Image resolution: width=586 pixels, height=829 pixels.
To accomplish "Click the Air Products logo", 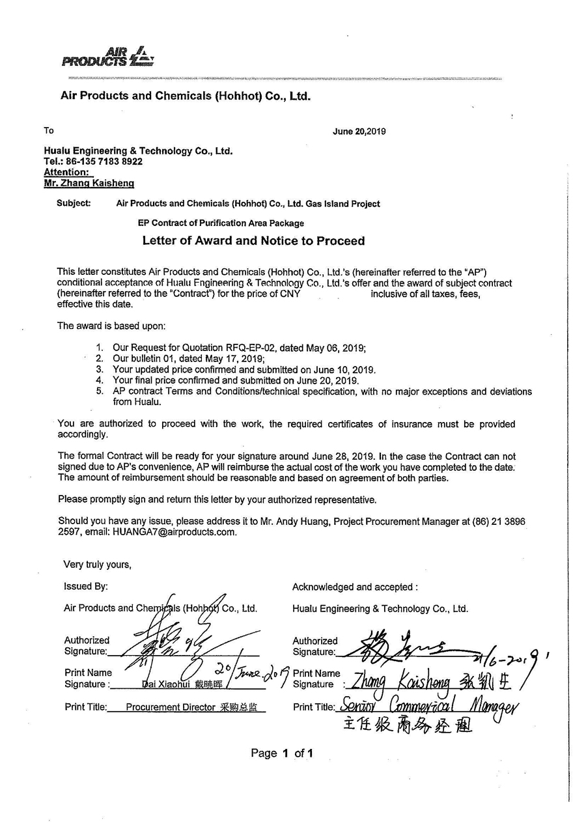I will tap(108, 57).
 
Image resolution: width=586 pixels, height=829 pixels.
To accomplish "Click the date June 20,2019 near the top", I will tap(359, 131).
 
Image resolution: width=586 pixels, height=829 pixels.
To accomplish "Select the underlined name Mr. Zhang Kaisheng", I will tap(89, 184).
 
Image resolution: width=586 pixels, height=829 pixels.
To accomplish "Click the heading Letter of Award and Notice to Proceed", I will tap(253, 241).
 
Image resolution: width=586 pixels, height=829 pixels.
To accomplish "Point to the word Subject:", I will tap(74, 203).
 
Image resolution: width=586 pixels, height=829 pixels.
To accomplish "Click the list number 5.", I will tap(100, 391).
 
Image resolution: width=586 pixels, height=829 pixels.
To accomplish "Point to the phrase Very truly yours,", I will tap(97, 565).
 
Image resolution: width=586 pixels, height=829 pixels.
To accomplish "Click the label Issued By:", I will tap(86, 586).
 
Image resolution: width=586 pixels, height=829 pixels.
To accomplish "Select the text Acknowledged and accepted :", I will tap(355, 587).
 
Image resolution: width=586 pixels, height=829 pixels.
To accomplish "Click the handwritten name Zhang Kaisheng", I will tap(397, 682).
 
